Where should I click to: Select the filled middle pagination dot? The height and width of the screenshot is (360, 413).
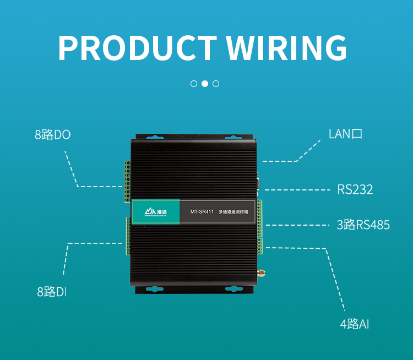[205, 84]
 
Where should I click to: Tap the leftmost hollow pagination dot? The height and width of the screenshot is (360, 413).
[194, 84]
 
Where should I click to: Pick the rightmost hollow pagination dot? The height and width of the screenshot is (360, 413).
[216, 84]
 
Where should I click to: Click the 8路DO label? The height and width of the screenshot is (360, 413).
[53, 135]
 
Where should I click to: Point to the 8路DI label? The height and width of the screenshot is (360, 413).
[52, 292]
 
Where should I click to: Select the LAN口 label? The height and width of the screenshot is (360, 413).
[345, 134]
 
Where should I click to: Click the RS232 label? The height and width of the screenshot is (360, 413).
[355, 190]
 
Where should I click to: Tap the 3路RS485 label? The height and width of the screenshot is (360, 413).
[363, 225]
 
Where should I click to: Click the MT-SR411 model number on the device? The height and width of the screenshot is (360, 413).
[202, 211]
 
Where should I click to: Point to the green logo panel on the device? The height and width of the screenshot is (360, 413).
[156, 211]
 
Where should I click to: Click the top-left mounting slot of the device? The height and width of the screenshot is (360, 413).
[154, 137]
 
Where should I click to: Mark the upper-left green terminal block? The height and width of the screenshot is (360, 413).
[127, 181]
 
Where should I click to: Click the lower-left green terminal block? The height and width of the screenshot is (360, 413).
[127, 236]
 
